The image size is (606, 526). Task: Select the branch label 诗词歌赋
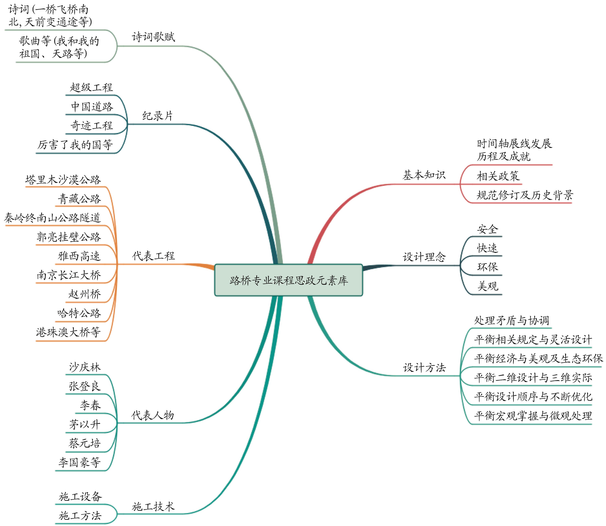coord(153,37)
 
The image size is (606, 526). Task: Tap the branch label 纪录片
coord(158,116)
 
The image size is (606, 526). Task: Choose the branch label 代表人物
coord(153,415)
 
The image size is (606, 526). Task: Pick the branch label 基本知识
coord(424,175)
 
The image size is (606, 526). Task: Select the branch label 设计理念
coord(424,257)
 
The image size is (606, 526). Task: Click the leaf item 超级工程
coord(91,87)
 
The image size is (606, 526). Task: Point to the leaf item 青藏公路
coord(79,199)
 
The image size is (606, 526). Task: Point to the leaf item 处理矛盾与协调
coord(511,320)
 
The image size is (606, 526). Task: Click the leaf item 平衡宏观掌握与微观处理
coord(533,416)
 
